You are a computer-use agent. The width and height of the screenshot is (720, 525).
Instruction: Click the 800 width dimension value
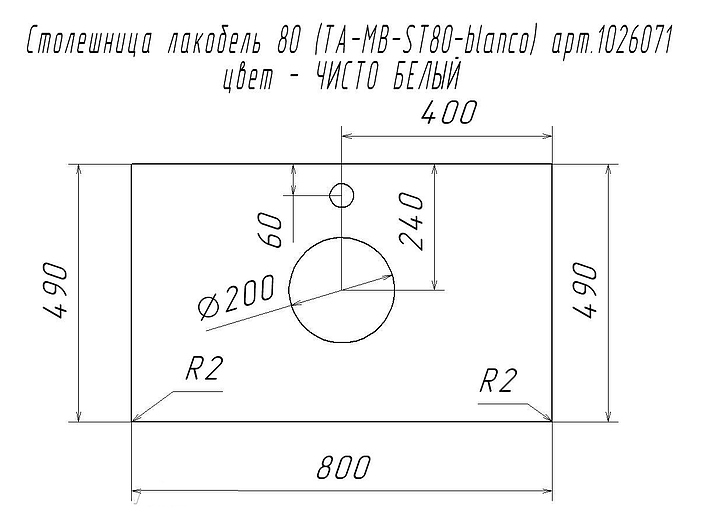[343, 468]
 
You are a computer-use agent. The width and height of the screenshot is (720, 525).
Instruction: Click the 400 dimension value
[450, 113]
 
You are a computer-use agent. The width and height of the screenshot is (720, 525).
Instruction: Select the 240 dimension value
[411, 222]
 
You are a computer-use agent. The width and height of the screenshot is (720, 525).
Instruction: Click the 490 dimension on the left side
[56, 291]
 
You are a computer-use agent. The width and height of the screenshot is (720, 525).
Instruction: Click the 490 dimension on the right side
[585, 291]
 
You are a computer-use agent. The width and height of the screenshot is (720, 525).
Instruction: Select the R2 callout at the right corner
[496, 381]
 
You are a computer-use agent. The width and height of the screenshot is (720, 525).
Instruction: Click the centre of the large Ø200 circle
[342, 290]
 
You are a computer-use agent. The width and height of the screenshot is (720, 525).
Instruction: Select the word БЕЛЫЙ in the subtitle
[427, 76]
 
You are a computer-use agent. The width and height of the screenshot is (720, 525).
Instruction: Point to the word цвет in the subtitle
[248, 79]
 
